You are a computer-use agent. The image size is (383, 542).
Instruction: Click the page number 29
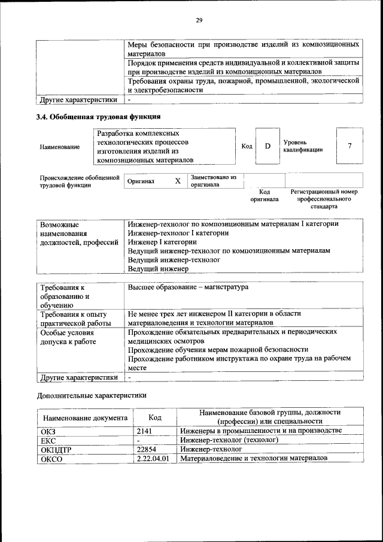tap(199, 21)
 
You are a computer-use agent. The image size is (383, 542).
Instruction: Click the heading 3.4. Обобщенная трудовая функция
tap(99, 116)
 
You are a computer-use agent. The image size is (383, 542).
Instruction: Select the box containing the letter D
tap(268, 146)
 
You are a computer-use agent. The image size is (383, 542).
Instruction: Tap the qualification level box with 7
tap(349, 146)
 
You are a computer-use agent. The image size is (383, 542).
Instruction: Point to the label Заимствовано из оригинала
tap(214, 181)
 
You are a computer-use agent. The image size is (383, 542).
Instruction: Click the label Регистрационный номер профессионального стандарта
tap(324, 199)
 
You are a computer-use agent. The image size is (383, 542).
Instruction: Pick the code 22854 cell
tap(147, 448)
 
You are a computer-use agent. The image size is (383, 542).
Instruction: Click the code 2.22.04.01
tap(153, 458)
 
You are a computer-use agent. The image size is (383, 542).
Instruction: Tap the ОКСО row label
tap(51, 458)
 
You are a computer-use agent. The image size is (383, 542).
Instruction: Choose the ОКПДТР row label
tap(56, 449)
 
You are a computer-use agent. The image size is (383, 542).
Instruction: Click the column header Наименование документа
tap(84, 417)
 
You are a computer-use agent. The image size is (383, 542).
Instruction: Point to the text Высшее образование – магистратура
tap(187, 287)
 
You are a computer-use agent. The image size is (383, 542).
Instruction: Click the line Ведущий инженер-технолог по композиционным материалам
tap(229, 251)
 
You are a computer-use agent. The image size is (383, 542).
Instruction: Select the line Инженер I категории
tap(162, 242)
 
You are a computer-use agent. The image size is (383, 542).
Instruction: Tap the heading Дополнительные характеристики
tap(92, 395)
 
